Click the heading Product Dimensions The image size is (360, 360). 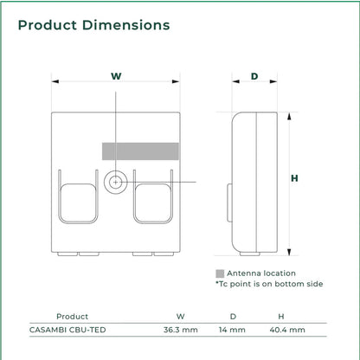(x=93, y=25)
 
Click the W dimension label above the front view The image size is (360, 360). (x=116, y=76)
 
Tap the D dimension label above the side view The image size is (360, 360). (x=254, y=76)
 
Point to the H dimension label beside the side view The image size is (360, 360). (x=294, y=178)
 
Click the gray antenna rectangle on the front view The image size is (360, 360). (x=140, y=151)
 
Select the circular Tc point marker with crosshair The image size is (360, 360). (x=116, y=183)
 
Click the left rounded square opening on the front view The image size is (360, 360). (x=78, y=202)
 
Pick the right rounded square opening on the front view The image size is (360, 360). (x=153, y=202)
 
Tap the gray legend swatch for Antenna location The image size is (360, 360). (x=220, y=273)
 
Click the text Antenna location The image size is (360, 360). (x=261, y=273)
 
